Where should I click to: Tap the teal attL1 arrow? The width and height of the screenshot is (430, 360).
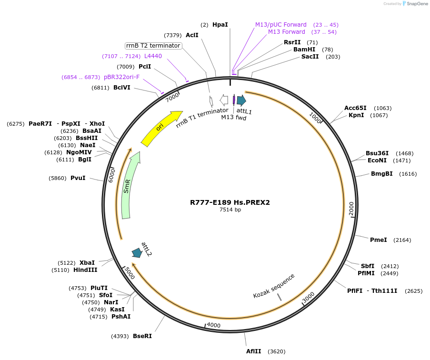241,100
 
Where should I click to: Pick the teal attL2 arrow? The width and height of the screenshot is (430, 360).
137,252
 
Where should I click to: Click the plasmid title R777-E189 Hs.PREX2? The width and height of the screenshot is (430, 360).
230,202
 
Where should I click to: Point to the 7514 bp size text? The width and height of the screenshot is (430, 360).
230,210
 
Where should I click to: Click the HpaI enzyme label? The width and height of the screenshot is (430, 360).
220,24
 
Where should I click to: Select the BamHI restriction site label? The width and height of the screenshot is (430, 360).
304,50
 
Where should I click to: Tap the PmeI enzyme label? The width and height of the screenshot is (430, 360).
379,240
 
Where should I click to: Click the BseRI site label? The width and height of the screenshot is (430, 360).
142,336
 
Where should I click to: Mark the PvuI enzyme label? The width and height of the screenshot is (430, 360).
78,178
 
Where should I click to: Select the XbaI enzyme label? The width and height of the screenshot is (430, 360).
87,263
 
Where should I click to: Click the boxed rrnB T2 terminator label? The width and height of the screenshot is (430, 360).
153,46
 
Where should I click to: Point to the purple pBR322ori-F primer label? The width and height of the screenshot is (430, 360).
121,77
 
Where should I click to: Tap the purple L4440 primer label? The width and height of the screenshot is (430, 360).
153,56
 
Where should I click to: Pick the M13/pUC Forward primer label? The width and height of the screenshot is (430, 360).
281,25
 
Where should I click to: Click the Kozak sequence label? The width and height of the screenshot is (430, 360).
274,286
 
